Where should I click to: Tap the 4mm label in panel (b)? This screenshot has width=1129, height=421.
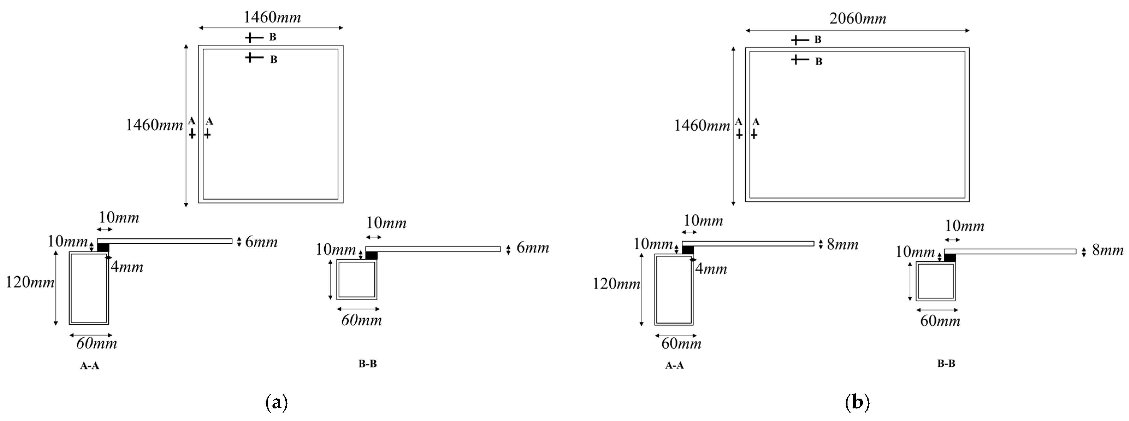[x=711, y=268]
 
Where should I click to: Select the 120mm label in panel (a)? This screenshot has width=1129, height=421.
[x=30, y=283]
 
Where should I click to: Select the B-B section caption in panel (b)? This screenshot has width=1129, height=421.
[x=946, y=364]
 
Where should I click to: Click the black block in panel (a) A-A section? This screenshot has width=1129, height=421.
[x=103, y=247]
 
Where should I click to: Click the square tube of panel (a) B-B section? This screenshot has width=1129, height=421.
[x=356, y=280]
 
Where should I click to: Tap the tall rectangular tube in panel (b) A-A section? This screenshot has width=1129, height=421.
[x=674, y=289]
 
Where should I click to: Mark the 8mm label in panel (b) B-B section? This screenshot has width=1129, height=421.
[x=1107, y=251]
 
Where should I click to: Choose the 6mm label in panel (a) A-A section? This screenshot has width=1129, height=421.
[x=261, y=242]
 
